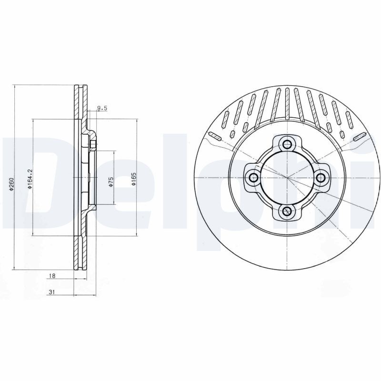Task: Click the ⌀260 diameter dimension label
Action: [x=11, y=184]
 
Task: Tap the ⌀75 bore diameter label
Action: [x=111, y=181]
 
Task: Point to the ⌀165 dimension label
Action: [x=134, y=180]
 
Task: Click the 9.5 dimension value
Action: [x=102, y=109]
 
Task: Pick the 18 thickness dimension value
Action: [x=52, y=276]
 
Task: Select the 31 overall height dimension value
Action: [x=51, y=292]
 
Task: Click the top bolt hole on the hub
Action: [x=288, y=144]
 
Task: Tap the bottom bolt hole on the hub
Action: [x=288, y=211]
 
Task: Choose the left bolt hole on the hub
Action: [x=254, y=178]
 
